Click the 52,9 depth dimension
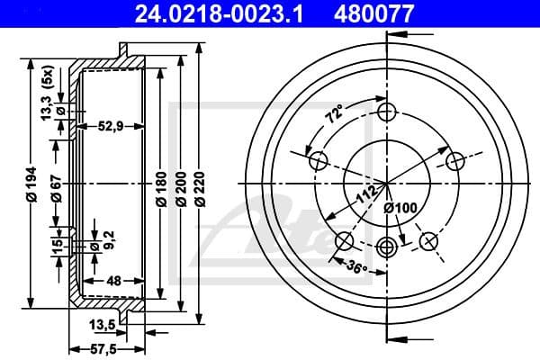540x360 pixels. tap(111, 126)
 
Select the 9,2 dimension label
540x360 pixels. tap(110, 239)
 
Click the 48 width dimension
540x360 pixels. tap(113, 281)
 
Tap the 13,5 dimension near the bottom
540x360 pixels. tap(102, 325)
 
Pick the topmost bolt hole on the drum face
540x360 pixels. tap(388, 112)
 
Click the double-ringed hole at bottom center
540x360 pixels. tap(388, 247)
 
